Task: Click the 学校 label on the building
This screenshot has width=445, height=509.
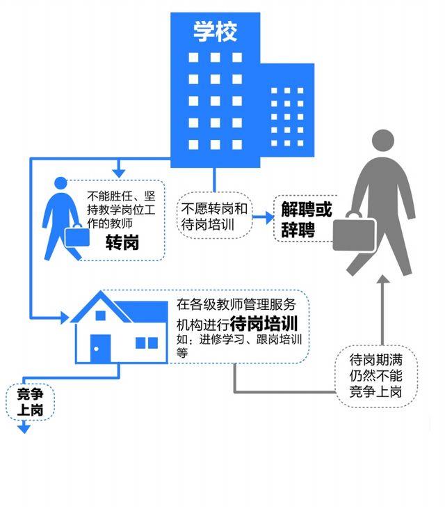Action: [x=215, y=31]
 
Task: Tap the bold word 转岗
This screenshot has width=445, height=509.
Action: [x=122, y=242]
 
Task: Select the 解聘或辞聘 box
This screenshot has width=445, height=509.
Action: [x=307, y=219]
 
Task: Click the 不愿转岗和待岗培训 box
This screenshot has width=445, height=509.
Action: [x=215, y=217]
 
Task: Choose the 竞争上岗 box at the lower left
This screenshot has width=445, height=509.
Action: [x=29, y=402]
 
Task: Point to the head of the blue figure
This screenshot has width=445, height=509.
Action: [x=60, y=184]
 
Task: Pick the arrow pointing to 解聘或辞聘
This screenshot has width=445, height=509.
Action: [x=266, y=217]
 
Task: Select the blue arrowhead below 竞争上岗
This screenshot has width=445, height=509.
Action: [x=25, y=430]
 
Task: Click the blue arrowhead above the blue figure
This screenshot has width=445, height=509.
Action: [x=119, y=171]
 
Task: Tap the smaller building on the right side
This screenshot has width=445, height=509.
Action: [x=286, y=104]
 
